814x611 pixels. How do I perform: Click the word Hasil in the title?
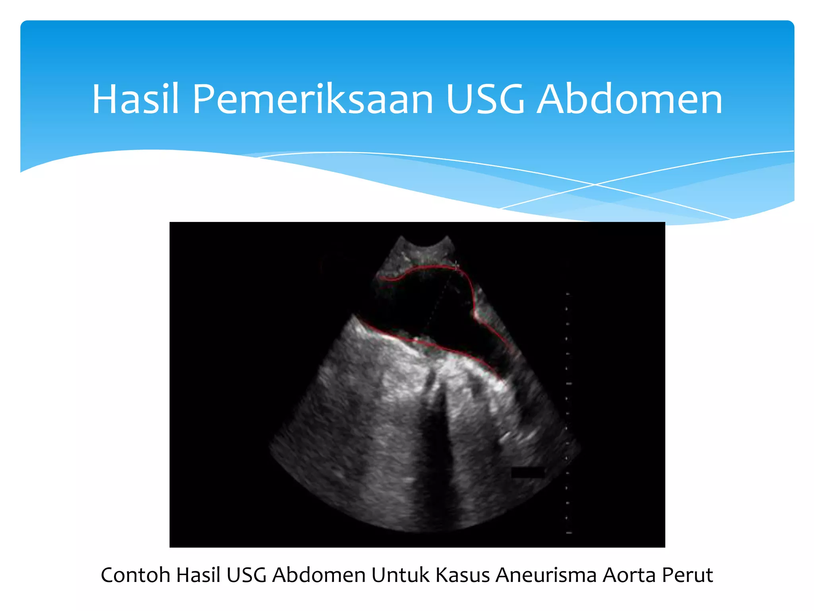[x=135, y=99]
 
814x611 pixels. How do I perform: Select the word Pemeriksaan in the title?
[x=313, y=99]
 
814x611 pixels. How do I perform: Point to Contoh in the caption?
[x=135, y=575]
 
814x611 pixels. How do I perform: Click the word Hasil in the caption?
[x=198, y=575]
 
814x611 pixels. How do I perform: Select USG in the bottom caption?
[x=246, y=575]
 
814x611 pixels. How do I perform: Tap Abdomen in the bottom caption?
[x=318, y=575]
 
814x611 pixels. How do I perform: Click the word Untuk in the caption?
[x=400, y=575]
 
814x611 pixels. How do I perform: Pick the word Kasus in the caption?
[x=462, y=575]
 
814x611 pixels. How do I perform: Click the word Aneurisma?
[x=546, y=575]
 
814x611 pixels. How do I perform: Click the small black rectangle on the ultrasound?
[x=527, y=472]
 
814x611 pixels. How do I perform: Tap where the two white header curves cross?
[x=595, y=185]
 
